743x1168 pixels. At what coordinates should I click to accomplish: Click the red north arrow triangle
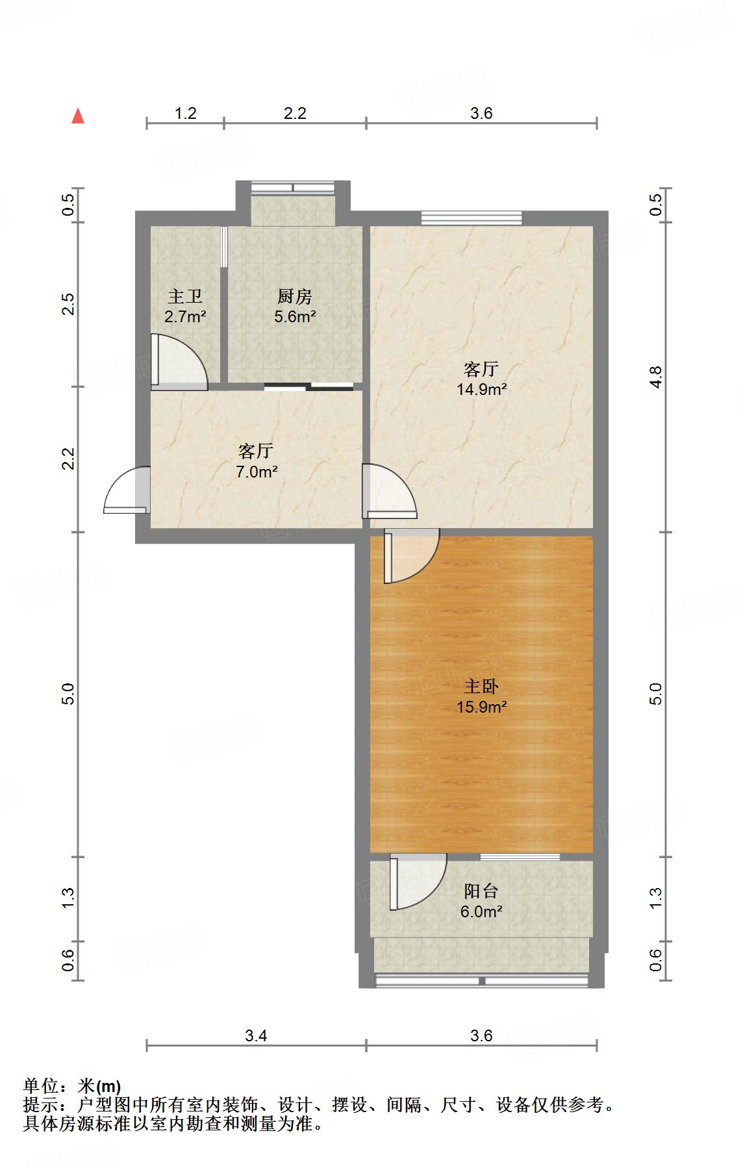tap(78, 116)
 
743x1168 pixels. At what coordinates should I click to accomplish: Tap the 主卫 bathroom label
tap(185, 297)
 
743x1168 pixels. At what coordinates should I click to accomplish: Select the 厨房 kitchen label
tap(294, 297)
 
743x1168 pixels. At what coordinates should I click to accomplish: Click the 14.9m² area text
tap(481, 390)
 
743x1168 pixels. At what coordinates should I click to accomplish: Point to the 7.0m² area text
tap(256, 472)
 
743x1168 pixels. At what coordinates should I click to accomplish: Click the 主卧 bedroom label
tap(481, 686)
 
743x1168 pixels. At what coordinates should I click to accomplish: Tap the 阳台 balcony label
tap(481, 891)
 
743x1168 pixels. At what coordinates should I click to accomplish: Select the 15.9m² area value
tap(481, 707)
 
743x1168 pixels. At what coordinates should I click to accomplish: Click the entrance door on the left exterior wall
tap(127, 491)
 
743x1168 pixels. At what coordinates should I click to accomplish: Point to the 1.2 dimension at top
tap(185, 114)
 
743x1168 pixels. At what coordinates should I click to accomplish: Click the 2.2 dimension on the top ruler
tap(294, 114)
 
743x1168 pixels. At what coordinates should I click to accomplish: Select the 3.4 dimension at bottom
tap(256, 1035)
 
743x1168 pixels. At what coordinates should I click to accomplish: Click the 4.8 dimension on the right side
tap(656, 377)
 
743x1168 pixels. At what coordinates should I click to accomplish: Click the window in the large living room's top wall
tap(472, 218)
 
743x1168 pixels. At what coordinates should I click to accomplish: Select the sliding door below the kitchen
tap(309, 387)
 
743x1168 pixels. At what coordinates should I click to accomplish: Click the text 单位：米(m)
tap(72, 1085)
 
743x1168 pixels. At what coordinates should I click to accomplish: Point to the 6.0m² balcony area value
tap(481, 911)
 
